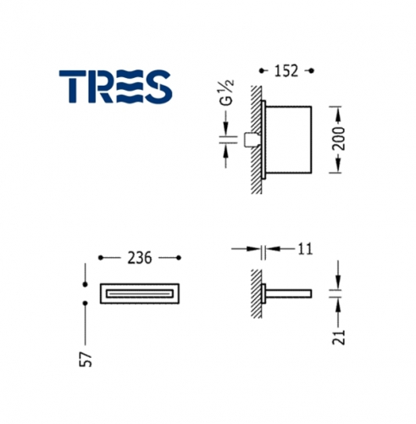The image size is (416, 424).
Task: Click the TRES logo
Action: coord(115,86)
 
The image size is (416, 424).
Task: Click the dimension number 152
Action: coord(286,70)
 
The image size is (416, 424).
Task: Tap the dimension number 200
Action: coord(338,138)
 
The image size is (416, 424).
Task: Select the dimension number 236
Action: coord(140,258)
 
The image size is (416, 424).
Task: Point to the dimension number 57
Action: coord(86,359)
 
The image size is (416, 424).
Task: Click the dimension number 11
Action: coord(305,249)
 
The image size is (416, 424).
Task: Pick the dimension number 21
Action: coord(339,337)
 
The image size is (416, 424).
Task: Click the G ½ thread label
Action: coord(228,92)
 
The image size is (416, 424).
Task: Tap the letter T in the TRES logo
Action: coord(72,86)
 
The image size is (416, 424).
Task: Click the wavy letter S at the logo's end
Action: coord(158,86)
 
